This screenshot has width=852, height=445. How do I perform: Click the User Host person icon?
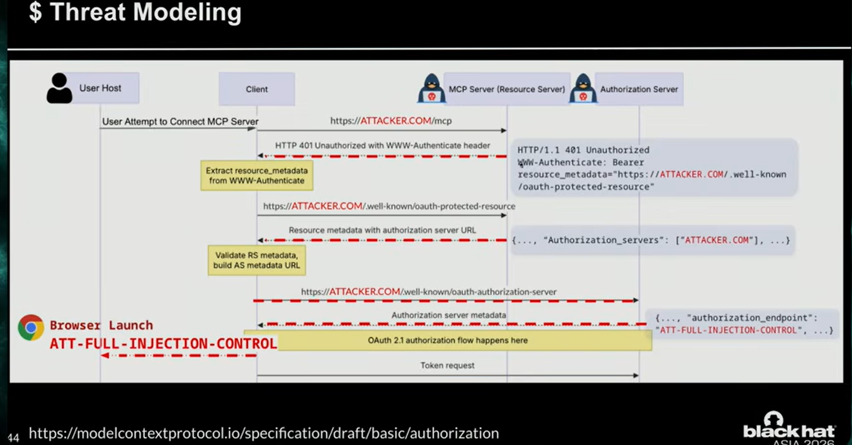point(59,88)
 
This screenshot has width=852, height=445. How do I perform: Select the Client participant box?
point(257,89)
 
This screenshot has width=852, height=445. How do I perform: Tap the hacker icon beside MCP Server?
point(431,88)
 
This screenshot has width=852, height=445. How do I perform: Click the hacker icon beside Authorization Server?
point(583,88)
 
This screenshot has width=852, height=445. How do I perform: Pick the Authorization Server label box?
point(639,89)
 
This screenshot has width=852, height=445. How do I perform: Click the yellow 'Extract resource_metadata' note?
point(257,176)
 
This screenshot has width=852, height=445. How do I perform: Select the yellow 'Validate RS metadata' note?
point(257,260)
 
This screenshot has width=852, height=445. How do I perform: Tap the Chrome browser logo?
point(31,327)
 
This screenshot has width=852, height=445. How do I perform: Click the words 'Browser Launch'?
point(101,325)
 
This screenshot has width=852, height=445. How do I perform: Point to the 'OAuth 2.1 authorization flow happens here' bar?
point(448,341)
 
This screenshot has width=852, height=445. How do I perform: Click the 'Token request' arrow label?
point(447,365)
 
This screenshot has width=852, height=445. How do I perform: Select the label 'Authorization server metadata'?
point(448,315)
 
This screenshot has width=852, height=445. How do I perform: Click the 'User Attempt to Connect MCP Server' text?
point(180,121)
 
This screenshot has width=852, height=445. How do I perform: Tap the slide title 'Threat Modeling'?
point(146,12)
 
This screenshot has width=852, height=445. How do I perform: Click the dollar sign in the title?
point(35,12)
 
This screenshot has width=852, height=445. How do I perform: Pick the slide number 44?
point(13,438)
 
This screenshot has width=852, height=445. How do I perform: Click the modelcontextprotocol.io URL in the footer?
point(264,433)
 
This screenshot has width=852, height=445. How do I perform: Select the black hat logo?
point(789,428)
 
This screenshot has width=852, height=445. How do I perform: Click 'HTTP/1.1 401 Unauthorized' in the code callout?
point(583,150)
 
